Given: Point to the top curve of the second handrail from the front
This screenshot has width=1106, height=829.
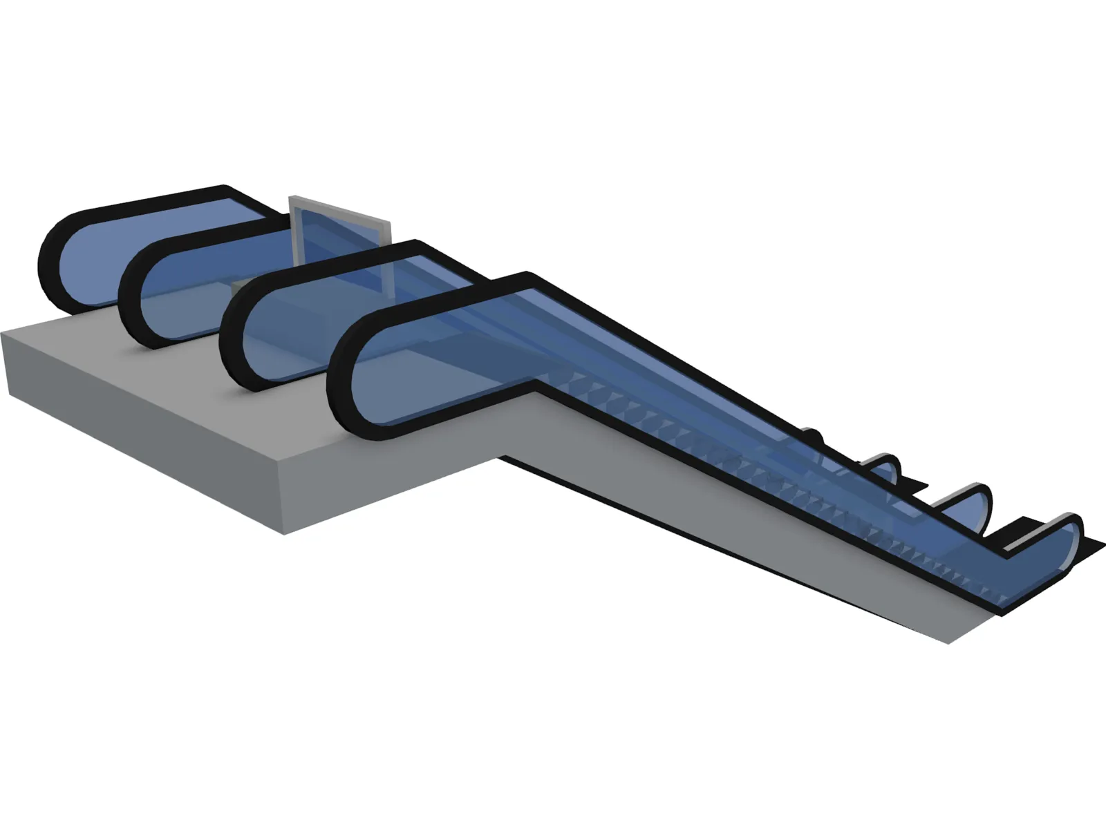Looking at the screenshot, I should (x=232, y=339).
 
